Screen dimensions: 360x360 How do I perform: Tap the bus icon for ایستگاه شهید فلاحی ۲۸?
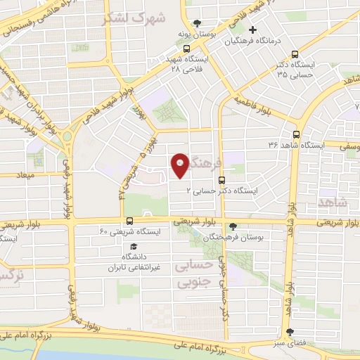[x=186, y=49]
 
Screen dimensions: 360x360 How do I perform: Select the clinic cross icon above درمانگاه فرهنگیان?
[x=252, y=30]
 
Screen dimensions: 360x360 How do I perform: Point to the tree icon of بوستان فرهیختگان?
[x=232, y=227]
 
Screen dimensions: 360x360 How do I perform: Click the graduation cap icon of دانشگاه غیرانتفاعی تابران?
[x=133, y=246]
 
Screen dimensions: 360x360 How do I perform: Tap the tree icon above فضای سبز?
[x=291, y=332]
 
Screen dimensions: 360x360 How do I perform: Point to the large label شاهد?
[x=333, y=202]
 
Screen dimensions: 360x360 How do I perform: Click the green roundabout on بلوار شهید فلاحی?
[x=67, y=135]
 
